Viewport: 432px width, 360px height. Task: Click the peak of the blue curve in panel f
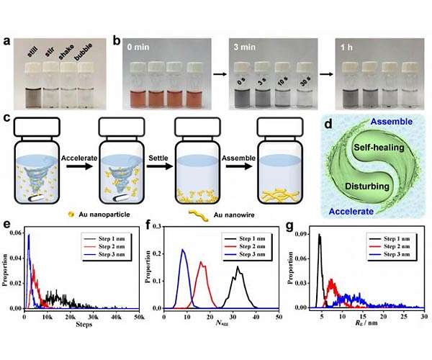[x=183, y=251]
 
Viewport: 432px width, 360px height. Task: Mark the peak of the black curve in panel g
[x=319, y=235]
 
